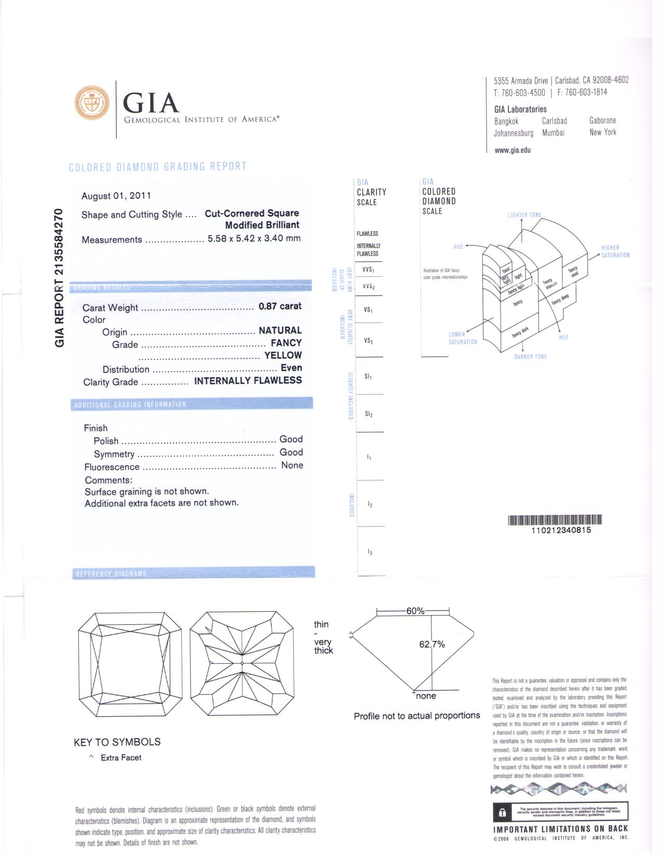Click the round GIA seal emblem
coord(92,103)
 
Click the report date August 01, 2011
coord(116,196)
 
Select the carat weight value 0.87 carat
coord(280,306)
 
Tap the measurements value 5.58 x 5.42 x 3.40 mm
coord(254,239)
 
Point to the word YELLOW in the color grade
coord(283,355)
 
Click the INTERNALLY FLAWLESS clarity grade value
coord(248,381)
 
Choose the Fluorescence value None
coord(292,465)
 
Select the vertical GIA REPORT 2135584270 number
coord(60,277)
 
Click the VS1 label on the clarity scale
coord(368,310)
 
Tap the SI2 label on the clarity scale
coord(368,414)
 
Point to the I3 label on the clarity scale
coord(369,552)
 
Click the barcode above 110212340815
coord(555,520)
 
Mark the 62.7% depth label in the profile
coord(432,645)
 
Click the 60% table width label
coord(415,611)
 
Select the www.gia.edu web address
coord(512,150)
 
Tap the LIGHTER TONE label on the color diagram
coord(524,215)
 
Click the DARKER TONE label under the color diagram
coord(530,357)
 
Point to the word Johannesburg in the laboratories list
coord(514,133)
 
